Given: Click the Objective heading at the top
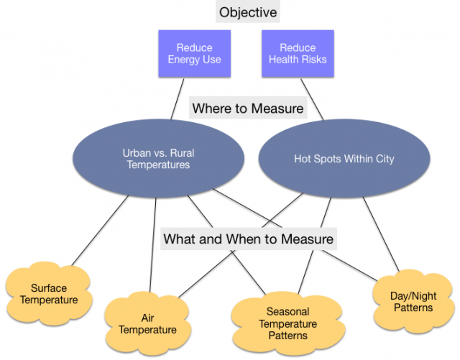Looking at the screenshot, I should [247, 13].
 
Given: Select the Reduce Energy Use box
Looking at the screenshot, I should [194, 53].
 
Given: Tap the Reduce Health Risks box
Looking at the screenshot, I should [298, 53].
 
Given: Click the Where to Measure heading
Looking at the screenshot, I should [247, 109].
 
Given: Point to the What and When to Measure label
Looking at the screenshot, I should [249, 238].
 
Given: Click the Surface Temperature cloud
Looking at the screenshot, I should [49, 294].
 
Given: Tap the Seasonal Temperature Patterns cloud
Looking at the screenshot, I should [287, 323].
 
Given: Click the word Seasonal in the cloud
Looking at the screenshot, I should [287, 312].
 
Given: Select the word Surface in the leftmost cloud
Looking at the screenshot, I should [49, 288].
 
